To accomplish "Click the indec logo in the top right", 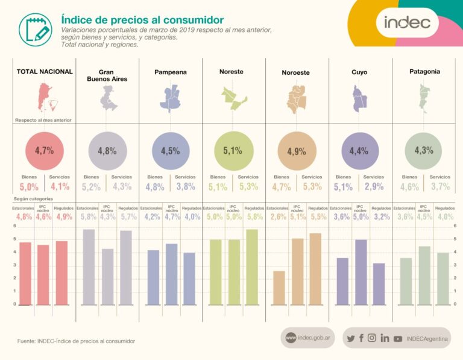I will tap(407, 22).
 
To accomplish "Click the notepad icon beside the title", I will tap(35, 28).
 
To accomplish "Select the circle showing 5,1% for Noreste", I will tap(233, 151).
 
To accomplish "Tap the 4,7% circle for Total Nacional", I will tap(44, 151).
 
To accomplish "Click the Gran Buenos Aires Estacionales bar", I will tap(89, 267).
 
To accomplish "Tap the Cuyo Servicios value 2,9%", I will tap(374, 187).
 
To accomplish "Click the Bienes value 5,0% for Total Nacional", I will tap(29, 187).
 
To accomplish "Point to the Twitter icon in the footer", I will tap(351, 338).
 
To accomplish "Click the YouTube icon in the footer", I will tap(398, 339).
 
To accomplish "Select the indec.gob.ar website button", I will tap(307, 338).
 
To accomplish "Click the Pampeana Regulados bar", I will tap(189, 278).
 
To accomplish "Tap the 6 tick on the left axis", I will tap(14, 226).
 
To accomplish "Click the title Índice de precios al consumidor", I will tap(142, 21).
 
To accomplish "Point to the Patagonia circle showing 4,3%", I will tap(424, 151).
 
